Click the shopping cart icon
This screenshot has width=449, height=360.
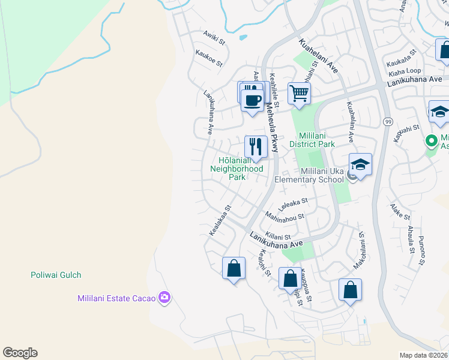point(299,93)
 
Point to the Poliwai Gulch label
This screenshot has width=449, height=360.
point(56,275)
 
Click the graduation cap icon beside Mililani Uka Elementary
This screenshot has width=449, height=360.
point(360,164)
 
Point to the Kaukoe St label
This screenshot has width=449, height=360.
point(208,58)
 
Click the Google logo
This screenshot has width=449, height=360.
point(20,353)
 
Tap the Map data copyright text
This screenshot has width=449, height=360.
point(424,355)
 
